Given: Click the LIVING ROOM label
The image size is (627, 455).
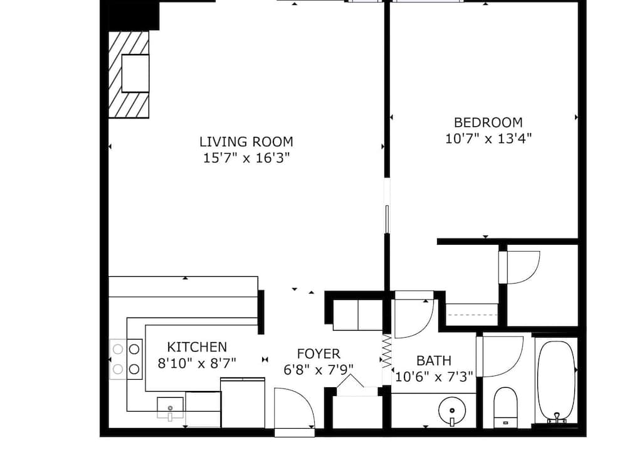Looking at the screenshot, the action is coord(246,142).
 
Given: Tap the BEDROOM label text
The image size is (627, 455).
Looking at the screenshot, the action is coord(488,122).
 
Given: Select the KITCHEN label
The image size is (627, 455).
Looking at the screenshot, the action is coord(197,346).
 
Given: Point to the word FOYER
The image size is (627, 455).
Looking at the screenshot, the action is coord(319,354).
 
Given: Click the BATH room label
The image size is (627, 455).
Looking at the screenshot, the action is coord(434,361).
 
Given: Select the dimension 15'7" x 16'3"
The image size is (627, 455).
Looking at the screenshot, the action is coord(246,158).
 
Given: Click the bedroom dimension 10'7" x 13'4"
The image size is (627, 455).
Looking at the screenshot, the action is coord(488,139).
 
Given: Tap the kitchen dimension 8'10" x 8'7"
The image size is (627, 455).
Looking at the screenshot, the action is coord(197,363).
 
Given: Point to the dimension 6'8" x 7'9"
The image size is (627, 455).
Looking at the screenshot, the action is coord(319,370).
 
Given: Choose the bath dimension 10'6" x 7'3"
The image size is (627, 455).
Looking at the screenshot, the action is coord(434,377).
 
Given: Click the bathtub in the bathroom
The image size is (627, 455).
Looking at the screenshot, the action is coord(556,382).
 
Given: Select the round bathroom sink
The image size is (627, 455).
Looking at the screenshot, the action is coord(452,411).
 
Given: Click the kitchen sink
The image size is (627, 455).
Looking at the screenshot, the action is coord(171,407).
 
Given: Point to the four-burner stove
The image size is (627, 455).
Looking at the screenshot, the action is coord(126,359).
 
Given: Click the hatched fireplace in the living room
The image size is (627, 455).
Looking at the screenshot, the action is coord(129,75).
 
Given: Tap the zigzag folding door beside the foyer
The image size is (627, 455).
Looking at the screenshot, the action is coord(387,351).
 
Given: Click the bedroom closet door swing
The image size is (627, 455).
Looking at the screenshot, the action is coord(520,267).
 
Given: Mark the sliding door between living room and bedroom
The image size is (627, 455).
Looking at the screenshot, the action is coord(387,219).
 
